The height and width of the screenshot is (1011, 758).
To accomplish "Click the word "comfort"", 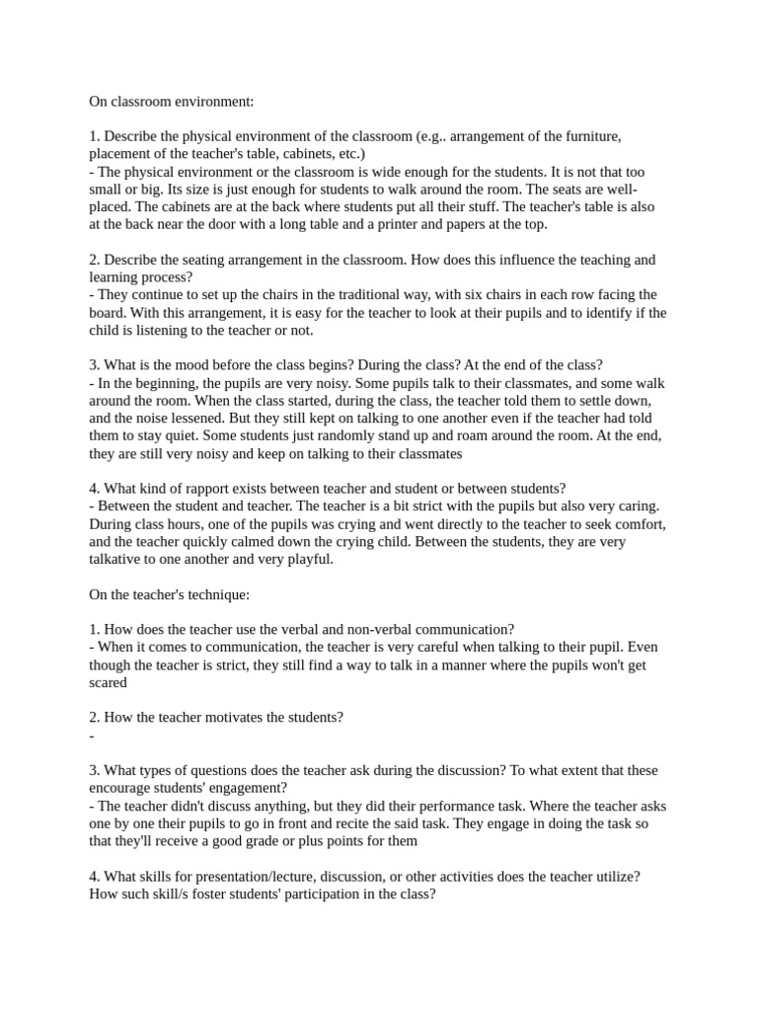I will point(638,524).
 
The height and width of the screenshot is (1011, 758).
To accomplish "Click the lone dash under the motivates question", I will point(91,737).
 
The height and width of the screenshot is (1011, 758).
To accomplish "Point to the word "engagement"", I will point(249,788).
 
